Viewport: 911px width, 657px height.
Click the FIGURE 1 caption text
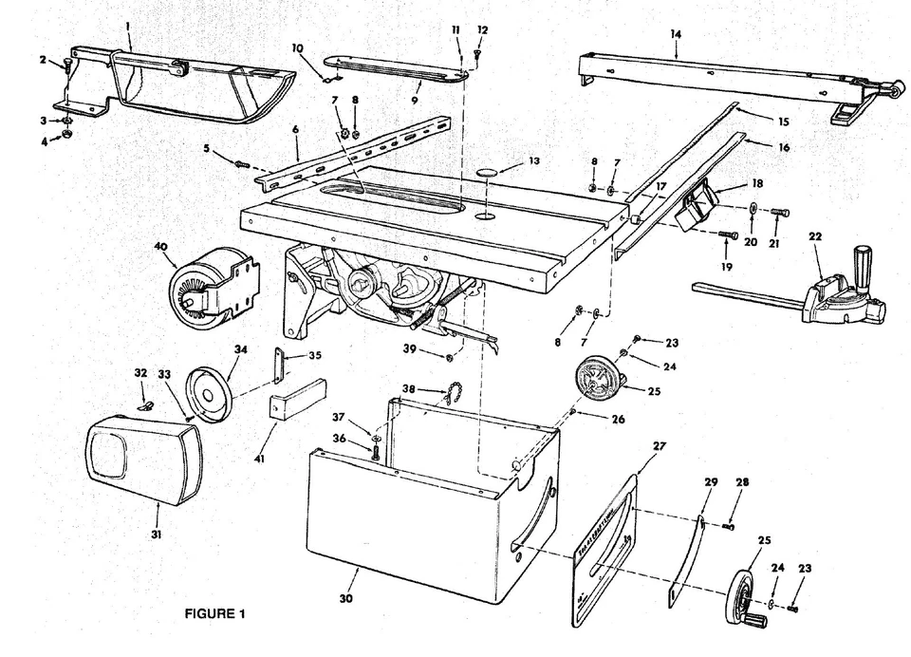pyautogui.click(x=214, y=613)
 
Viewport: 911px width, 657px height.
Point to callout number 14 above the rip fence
pyautogui.click(x=676, y=33)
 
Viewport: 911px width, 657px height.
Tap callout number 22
pyautogui.click(x=814, y=235)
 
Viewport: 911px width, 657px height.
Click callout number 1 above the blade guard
pyautogui.click(x=128, y=17)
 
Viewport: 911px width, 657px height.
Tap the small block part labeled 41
pyautogui.click(x=297, y=400)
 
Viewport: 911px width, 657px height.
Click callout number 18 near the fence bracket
pyautogui.click(x=756, y=184)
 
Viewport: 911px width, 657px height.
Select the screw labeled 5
pyautogui.click(x=242, y=164)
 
